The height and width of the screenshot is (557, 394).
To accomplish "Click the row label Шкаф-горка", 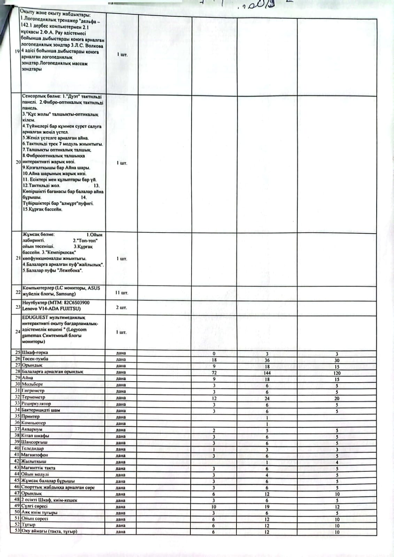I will [35, 353].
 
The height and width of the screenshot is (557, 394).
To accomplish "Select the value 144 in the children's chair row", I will [267, 373].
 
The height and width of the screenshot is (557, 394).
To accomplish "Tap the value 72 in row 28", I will [214, 373].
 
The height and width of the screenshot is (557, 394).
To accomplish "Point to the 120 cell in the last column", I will [337, 373].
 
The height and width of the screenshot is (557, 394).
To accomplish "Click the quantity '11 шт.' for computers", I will [122, 293].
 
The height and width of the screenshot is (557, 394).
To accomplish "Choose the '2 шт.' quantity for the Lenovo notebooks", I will [122, 308].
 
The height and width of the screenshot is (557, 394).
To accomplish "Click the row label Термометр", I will [33, 397].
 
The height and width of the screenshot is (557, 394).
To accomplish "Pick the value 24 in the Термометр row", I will [267, 398].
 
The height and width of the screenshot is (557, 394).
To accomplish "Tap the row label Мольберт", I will [32, 384].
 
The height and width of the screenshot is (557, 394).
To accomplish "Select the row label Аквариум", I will [32, 430].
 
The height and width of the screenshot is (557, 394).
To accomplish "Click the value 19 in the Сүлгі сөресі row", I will [267, 507].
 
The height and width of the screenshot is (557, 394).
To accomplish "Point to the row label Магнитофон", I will [34, 455].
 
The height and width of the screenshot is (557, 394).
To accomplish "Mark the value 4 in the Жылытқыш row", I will [337, 462].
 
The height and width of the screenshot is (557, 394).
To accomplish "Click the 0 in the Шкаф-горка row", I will [214, 353].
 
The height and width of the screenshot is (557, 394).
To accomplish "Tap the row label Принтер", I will [31, 416].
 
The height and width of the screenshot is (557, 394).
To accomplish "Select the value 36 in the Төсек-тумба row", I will [267, 360].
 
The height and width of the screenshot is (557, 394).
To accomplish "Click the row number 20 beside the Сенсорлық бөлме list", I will [18, 162].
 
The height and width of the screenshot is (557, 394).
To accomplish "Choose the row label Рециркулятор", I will [36, 404].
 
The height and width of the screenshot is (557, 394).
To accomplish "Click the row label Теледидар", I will [32, 449].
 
